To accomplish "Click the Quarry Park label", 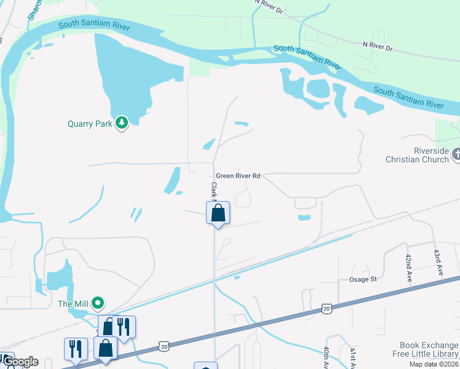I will [90, 123].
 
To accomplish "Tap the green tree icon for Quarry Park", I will [122, 123].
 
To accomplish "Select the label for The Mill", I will [73, 303].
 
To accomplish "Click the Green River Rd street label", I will [239, 176].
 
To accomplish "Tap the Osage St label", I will [363, 279].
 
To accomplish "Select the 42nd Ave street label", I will [408, 268].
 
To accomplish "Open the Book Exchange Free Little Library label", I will [425, 349].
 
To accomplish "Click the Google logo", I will [20, 362].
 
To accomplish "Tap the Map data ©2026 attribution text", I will [432, 364].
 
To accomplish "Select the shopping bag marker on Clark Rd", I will [217, 213].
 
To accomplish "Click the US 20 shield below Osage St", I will [326, 307].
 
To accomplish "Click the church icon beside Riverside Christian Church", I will [456, 155].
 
